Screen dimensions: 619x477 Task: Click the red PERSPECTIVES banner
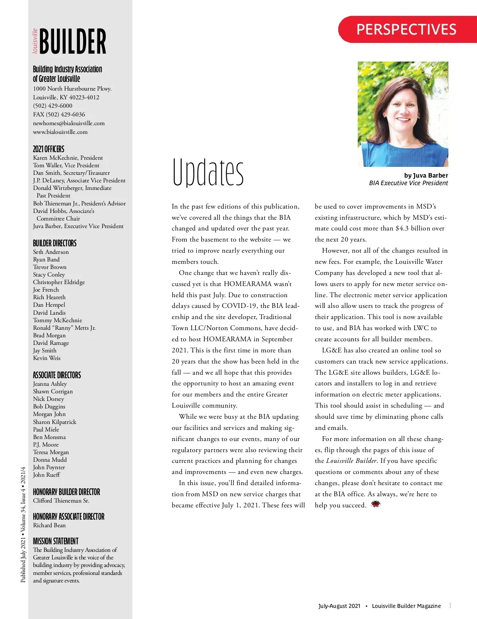[406, 29]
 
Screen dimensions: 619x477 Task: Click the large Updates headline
[208, 172]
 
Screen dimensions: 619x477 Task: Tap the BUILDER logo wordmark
[73, 41]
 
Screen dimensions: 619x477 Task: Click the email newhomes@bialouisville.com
[69, 123]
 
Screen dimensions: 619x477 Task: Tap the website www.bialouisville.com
[60, 132]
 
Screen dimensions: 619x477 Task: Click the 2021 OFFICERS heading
[48, 149]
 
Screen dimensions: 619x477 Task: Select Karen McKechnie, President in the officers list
[68, 158]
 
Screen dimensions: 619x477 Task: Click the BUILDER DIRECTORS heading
[55, 243]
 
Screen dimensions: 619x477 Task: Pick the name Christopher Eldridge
[59, 282]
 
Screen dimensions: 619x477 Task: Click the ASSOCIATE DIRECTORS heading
[57, 375]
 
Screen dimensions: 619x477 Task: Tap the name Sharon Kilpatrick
[54, 422]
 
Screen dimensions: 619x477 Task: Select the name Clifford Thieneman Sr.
[61, 501]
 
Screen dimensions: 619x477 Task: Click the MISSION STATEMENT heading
[56, 541]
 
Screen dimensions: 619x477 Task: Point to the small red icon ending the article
[376, 504]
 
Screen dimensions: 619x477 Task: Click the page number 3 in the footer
[450, 605]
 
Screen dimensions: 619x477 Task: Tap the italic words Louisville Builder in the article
[351, 461]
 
